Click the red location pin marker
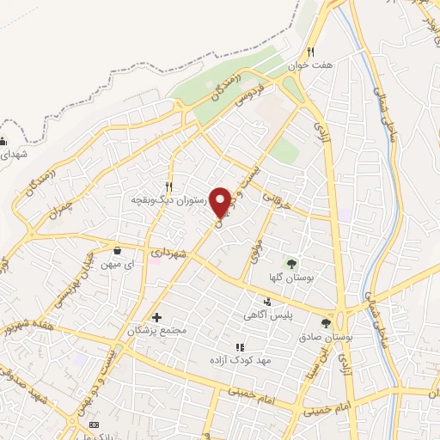221,201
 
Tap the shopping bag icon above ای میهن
117,251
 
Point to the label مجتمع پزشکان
156,331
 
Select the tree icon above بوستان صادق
326,323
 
